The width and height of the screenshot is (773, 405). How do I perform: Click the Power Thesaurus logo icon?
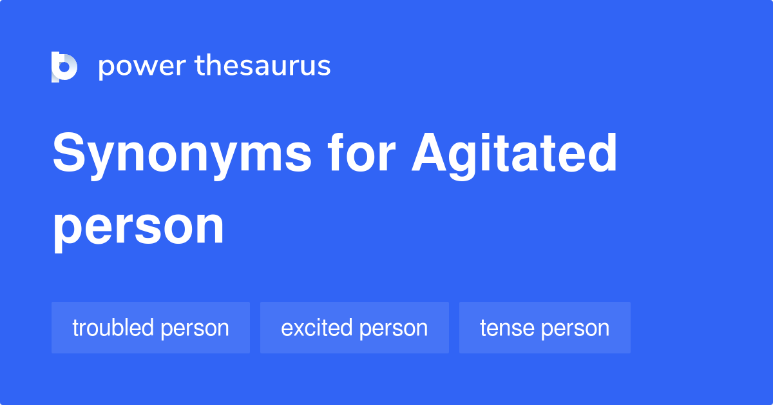[x=64, y=66]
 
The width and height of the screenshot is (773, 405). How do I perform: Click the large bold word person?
[x=138, y=227]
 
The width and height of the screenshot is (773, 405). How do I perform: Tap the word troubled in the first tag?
[x=113, y=328]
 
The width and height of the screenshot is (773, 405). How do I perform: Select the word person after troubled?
[x=195, y=329]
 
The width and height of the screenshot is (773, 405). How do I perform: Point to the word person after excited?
[x=394, y=329]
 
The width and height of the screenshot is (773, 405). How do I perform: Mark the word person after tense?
[x=575, y=329]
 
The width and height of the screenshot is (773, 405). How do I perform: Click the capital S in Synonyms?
[x=68, y=155]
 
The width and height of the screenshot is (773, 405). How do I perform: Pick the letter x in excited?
[x=299, y=328]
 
